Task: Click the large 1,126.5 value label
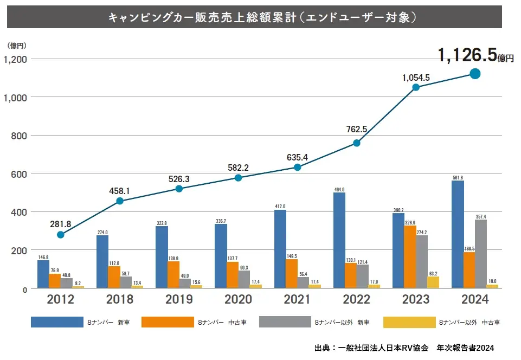pyautogui.click(x=467, y=55)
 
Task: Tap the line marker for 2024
pyautogui.click(x=475, y=74)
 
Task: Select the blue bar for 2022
pyautogui.click(x=339, y=240)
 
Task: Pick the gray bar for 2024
pyautogui.click(x=480, y=254)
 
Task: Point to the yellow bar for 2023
pyautogui.click(x=433, y=282)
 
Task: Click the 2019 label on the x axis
pyautogui.click(x=179, y=299)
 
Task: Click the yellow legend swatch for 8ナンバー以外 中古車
pyautogui.click(x=409, y=322)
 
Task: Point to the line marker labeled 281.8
pyautogui.click(x=61, y=235)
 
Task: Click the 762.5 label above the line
pyautogui.click(x=357, y=130)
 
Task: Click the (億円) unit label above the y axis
pyautogui.click(x=17, y=46)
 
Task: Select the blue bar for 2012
pyautogui.click(x=43, y=274)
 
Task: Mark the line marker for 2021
pyautogui.click(x=298, y=167)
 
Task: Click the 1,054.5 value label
pyautogui.click(x=416, y=78)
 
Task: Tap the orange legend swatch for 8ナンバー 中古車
pyautogui.click(x=168, y=322)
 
